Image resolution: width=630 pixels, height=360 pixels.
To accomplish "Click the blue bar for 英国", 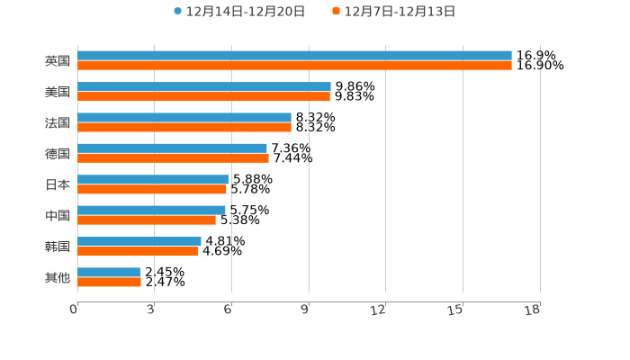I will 294,56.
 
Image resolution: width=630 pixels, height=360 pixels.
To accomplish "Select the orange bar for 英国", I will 294,66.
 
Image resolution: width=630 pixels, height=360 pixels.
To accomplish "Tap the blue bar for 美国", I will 204,87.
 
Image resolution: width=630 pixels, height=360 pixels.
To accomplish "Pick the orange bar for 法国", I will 184,127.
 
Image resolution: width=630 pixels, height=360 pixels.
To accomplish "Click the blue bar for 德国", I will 172,148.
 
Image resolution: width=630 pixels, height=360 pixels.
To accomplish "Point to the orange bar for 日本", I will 152,189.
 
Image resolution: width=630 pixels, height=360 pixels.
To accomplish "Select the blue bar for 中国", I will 151,211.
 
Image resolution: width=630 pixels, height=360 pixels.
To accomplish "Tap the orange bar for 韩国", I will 138,251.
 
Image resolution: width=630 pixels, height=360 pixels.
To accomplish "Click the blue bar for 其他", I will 109,272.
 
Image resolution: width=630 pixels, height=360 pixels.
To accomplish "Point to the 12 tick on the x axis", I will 379,310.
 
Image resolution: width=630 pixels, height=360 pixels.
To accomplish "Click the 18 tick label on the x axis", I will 533,310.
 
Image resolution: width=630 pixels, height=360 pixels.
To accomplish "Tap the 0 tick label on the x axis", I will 74,310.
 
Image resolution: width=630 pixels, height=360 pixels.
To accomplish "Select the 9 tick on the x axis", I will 305,310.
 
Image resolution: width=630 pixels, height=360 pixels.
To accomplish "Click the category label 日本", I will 58,184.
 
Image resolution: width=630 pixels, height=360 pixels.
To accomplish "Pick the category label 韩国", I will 58,247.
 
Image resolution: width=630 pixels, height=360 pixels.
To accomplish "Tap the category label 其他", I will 58,277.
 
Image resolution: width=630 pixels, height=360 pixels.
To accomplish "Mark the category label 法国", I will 58,122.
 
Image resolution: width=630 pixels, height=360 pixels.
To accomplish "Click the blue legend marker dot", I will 177,12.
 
